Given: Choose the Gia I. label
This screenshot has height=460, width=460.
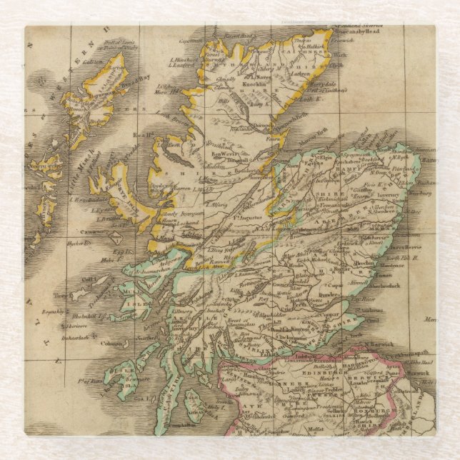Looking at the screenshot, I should coord(143,399).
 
